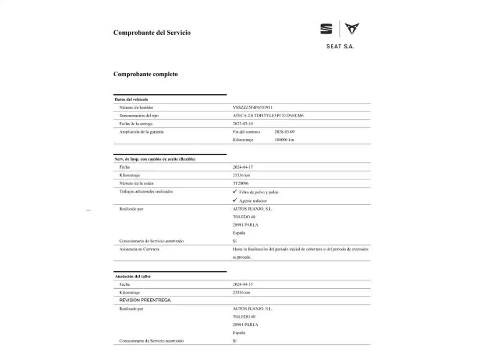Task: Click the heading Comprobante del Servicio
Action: (152, 33)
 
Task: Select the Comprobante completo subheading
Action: (145, 74)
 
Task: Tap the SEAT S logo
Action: (326, 29)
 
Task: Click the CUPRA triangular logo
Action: (352, 29)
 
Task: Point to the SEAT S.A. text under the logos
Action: (340, 47)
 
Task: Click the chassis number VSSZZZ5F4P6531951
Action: (252, 107)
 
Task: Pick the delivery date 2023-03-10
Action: (243, 124)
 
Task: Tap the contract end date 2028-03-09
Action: (284, 132)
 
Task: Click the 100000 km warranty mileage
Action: (284, 140)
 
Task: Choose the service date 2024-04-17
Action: (243, 167)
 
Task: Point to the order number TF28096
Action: (240, 183)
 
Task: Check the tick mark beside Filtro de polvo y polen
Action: (235, 192)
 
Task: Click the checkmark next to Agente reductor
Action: (235, 200)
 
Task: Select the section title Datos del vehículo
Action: (131, 99)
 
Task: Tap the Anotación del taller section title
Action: (133, 276)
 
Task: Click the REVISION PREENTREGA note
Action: (145, 300)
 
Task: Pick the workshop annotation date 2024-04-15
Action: (243, 284)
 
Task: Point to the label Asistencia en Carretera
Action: (139, 249)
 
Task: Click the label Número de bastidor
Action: (136, 107)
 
